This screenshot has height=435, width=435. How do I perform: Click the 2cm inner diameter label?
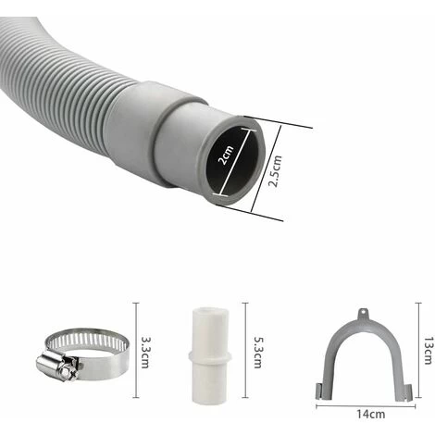point(226,155)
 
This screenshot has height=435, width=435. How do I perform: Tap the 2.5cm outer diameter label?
point(275,170)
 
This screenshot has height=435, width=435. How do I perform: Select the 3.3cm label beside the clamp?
point(144,352)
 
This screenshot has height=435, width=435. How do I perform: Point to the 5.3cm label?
point(257,352)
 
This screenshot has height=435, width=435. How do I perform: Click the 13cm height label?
point(428,351)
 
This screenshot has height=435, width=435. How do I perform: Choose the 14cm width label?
point(370,414)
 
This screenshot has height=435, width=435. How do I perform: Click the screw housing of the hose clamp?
point(58,367)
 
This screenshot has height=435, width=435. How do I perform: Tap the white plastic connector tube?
point(210,355)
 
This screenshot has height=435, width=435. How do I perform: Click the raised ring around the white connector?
point(210,356)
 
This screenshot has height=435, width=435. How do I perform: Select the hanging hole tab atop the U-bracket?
point(364,314)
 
